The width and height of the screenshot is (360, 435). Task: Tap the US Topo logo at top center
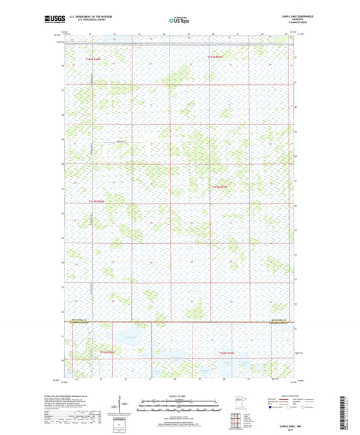(179, 21)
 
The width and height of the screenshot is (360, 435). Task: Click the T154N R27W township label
(217, 58)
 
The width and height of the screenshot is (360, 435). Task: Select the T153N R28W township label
(97, 201)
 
